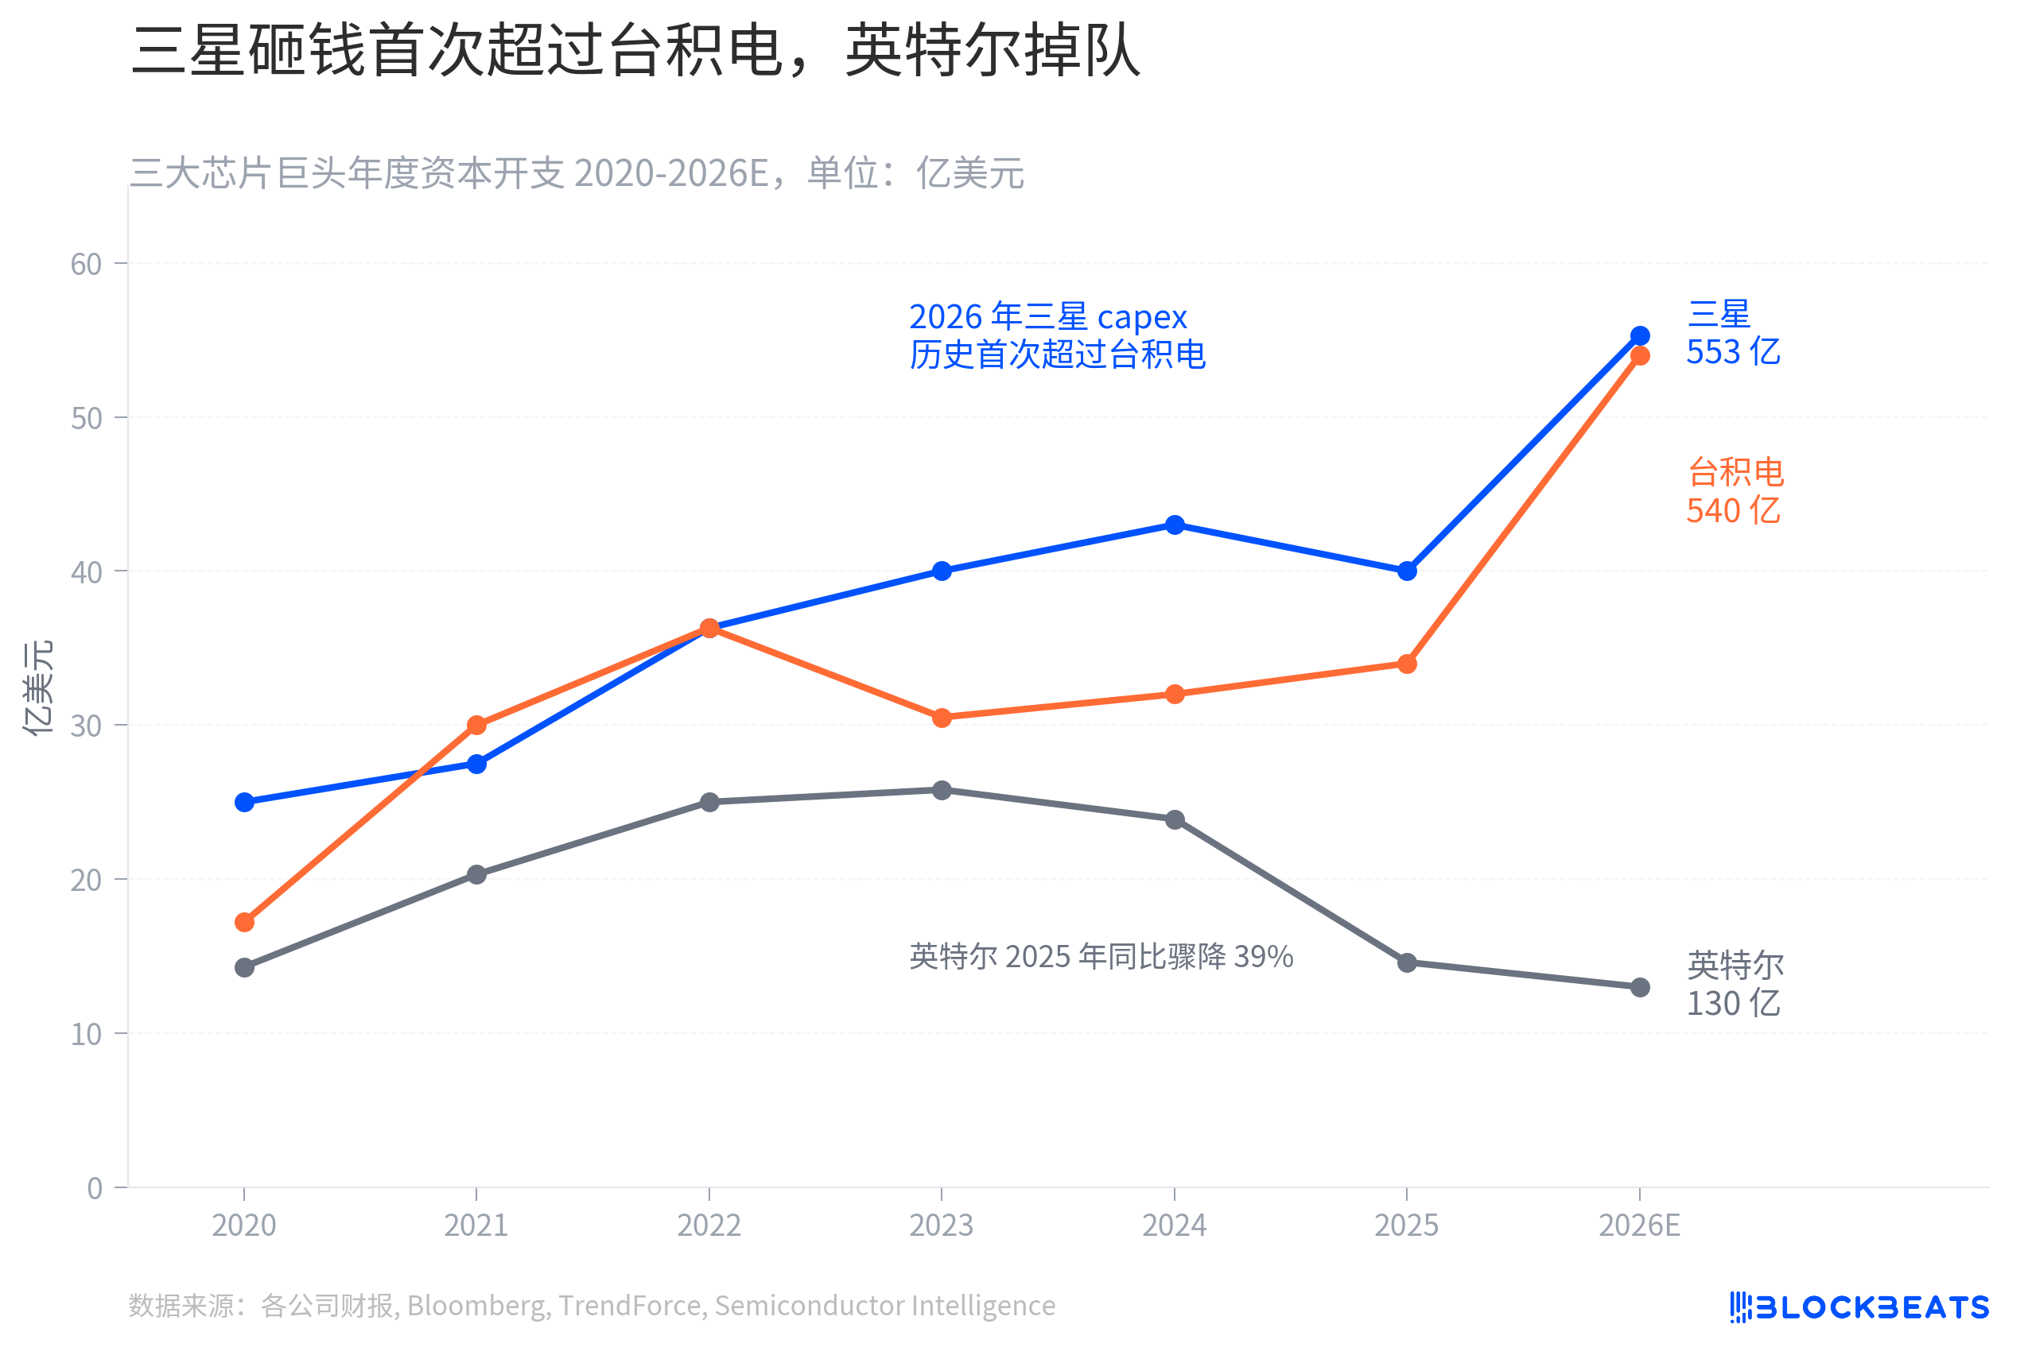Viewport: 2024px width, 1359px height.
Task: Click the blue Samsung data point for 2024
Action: click(1174, 525)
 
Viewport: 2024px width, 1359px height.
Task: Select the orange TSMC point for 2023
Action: click(942, 718)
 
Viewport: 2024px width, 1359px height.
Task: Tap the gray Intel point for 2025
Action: click(1407, 963)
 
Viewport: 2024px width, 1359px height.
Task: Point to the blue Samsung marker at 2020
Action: click(244, 803)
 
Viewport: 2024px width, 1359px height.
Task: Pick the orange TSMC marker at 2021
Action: click(476, 725)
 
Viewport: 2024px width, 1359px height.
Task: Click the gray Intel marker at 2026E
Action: click(1639, 987)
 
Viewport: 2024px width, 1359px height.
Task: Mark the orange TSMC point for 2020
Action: click(244, 922)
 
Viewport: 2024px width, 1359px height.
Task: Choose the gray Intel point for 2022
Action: click(709, 803)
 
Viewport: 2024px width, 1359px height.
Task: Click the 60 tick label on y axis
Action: click(86, 265)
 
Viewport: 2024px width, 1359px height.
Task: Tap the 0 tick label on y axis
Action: click(95, 1188)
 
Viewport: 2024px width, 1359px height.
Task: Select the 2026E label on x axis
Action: click(1639, 1225)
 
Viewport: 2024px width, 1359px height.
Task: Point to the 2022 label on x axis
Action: click(709, 1225)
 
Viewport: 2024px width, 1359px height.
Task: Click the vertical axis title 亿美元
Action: click(38, 689)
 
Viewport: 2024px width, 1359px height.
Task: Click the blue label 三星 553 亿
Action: click(1732, 334)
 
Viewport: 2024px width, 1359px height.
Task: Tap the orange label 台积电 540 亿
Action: click(1734, 491)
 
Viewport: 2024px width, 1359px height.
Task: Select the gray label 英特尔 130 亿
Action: click(1734, 985)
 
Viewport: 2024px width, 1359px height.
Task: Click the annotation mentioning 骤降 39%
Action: click(1101, 957)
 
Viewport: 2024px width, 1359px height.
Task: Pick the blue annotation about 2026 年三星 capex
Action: click(1056, 335)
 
